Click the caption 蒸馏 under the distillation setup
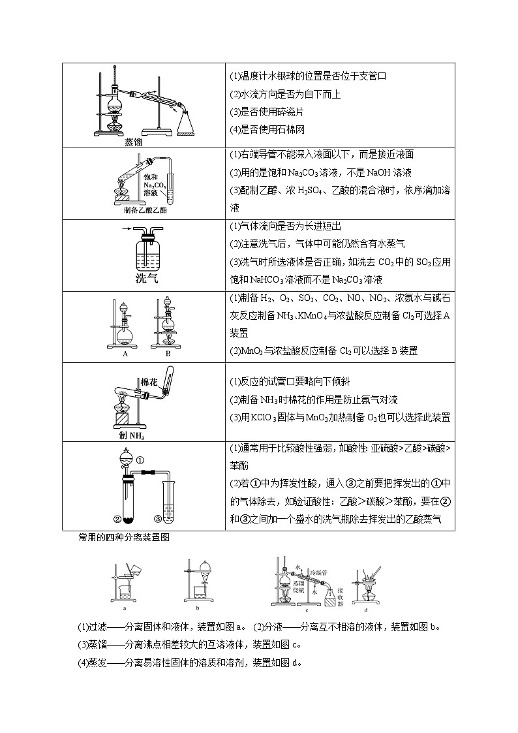[x=134, y=142]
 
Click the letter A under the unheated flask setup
[x=124, y=353]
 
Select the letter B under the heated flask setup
[x=168, y=353]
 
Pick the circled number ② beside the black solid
[x=117, y=520]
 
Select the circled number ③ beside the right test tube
[x=158, y=520]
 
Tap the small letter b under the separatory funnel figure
[x=197, y=606]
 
